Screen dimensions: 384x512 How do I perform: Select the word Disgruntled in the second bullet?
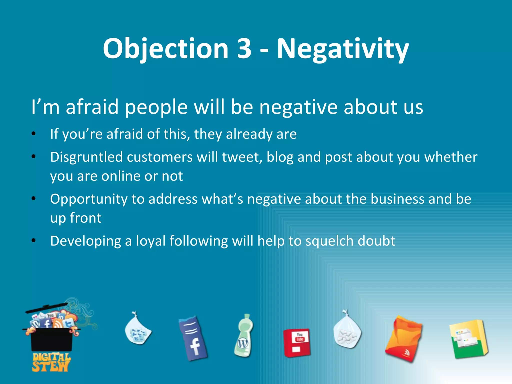pos(86,157)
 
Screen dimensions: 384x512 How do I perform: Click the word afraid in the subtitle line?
pos(92,107)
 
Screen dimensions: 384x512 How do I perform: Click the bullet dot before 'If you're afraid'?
pos(34,134)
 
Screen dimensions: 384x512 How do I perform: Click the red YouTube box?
pos(297,343)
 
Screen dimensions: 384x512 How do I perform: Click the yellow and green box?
pos(468,339)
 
